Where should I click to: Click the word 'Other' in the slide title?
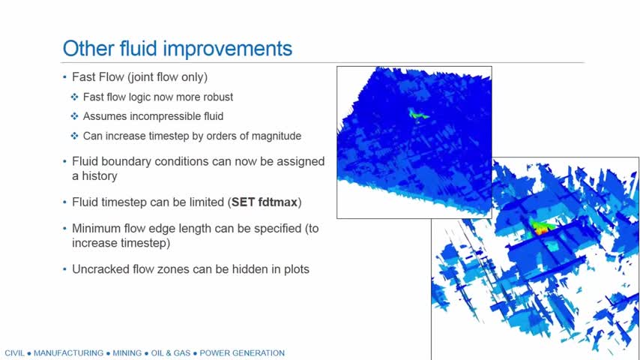(x=88, y=48)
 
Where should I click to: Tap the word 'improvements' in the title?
(x=228, y=49)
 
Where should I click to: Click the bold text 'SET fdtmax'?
(x=265, y=202)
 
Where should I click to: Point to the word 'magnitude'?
(x=277, y=136)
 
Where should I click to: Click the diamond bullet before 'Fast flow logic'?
(x=74, y=97)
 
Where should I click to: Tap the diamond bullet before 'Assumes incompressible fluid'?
(x=74, y=116)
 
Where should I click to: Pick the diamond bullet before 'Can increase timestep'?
(x=74, y=136)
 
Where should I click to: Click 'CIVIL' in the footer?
(x=14, y=353)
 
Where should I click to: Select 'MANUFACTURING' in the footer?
(x=68, y=353)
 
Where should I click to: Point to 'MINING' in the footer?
(x=127, y=353)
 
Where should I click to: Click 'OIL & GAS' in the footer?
(x=171, y=353)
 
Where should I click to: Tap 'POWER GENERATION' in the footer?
(x=242, y=353)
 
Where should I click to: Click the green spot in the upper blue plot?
(x=417, y=115)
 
